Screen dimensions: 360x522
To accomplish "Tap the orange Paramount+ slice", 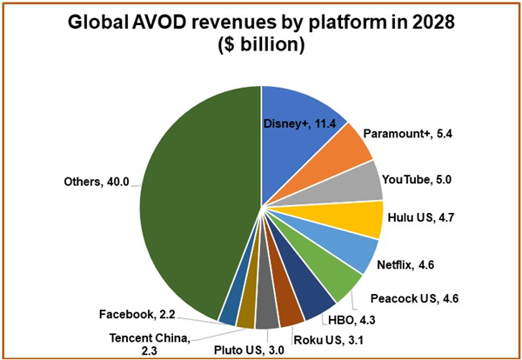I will point(345,149).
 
